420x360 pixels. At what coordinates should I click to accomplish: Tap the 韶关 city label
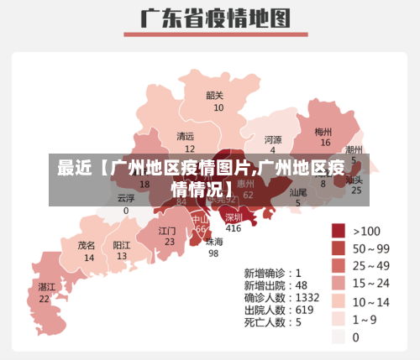coord(215,96)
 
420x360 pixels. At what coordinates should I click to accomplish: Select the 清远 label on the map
coord(185,136)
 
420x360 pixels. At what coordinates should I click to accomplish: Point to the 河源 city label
coord(273,139)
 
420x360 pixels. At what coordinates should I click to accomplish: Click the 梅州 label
coord(323,132)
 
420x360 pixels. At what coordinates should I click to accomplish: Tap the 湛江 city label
coord(46,287)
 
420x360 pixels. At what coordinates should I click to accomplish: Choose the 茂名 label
coord(87,246)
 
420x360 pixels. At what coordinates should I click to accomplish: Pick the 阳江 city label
coord(122,246)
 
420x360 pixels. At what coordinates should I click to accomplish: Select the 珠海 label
coord(214,242)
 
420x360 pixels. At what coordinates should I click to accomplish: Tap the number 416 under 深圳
coord(234,228)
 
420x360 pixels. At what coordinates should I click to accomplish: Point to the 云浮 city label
coord(126,199)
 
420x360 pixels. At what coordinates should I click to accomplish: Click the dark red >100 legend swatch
coord(339,231)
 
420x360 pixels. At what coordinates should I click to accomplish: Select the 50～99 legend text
coord(371,248)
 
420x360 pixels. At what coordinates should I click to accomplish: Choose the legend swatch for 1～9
coord(339,319)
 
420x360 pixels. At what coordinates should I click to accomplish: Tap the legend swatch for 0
coord(339,337)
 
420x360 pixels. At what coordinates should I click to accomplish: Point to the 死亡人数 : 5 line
coord(273,321)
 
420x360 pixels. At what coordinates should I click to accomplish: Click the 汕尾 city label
coord(298,193)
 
